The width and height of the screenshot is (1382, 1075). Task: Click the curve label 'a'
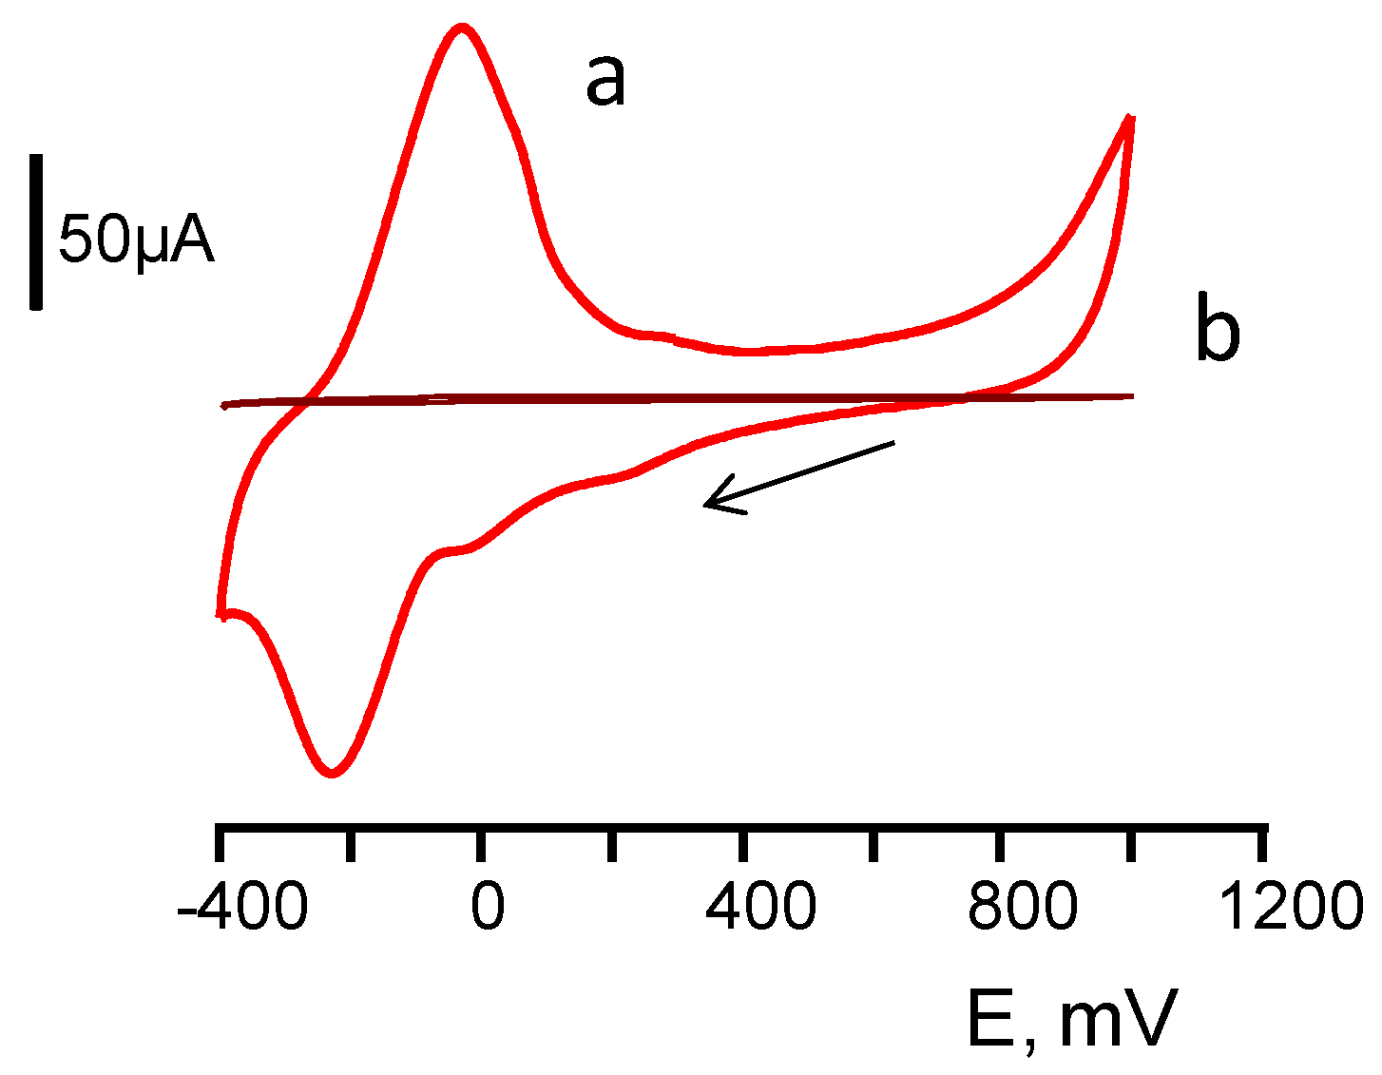coord(605,81)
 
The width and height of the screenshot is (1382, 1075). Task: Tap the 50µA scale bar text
coord(136,240)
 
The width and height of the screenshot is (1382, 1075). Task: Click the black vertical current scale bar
coord(36,232)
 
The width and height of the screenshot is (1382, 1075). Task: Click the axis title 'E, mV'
coord(1072,1019)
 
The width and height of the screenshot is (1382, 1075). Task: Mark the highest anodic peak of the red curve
coord(462,28)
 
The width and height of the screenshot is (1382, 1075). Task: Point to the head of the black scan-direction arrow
coord(706,504)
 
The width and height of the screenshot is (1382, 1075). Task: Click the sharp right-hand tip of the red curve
coord(1130,117)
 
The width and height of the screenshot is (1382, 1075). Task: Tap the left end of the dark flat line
coord(224,406)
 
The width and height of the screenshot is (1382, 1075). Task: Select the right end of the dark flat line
coord(1133,395)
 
